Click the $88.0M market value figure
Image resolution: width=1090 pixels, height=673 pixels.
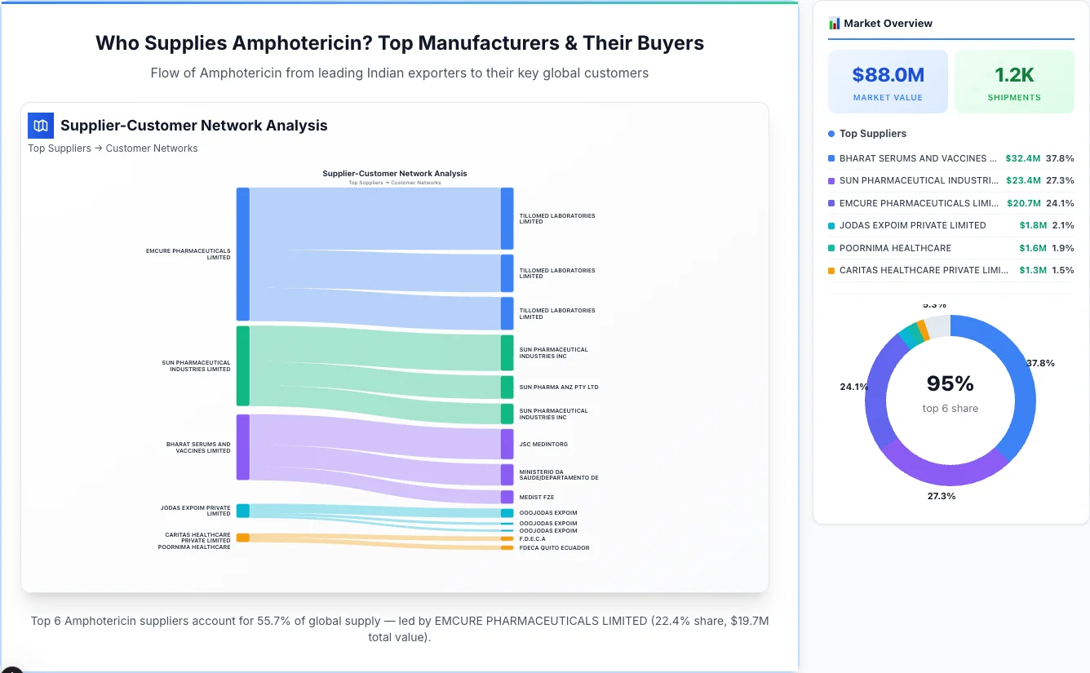point(888,75)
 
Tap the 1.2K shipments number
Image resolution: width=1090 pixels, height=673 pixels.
point(1014,75)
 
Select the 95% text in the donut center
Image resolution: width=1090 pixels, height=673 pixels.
point(950,383)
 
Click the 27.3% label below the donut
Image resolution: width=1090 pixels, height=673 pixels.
point(940,496)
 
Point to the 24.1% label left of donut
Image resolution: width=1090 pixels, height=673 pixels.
point(853,387)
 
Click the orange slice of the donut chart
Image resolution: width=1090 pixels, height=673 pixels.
point(923,328)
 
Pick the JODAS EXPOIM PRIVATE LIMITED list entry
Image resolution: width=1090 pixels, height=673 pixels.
point(912,225)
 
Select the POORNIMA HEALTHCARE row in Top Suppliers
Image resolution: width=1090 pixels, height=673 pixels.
point(895,248)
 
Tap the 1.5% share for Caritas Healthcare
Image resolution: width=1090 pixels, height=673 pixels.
point(1062,270)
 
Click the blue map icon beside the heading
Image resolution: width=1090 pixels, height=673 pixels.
point(41,126)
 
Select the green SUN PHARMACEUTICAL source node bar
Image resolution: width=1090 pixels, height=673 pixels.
point(242,365)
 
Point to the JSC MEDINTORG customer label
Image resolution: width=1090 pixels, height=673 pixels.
point(543,445)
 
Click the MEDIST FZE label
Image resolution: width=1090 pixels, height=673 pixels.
point(536,497)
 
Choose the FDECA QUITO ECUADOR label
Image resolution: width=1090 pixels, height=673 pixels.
point(554,548)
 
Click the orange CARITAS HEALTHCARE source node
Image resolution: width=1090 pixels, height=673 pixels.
point(242,538)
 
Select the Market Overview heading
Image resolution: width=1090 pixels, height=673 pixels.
point(888,24)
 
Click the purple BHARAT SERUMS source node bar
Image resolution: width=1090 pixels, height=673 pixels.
point(242,447)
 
